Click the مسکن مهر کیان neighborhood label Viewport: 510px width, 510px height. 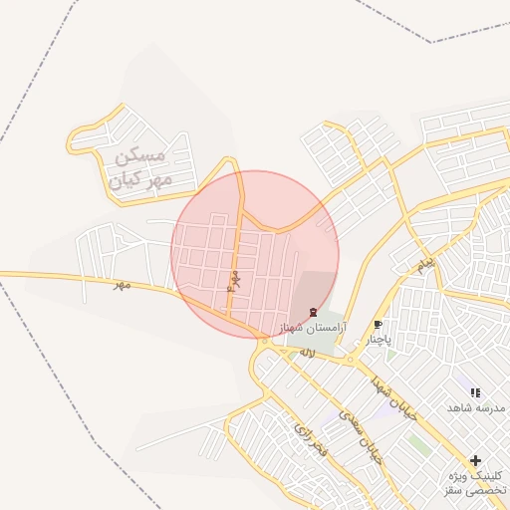143,168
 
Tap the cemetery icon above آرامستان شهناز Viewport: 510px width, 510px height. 315,312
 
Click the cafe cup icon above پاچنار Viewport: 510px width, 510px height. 378,325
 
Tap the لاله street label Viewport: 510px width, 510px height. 306,352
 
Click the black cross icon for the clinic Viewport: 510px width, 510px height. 475,460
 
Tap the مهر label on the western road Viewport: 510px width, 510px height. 122,285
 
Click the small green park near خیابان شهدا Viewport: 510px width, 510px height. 419,445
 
